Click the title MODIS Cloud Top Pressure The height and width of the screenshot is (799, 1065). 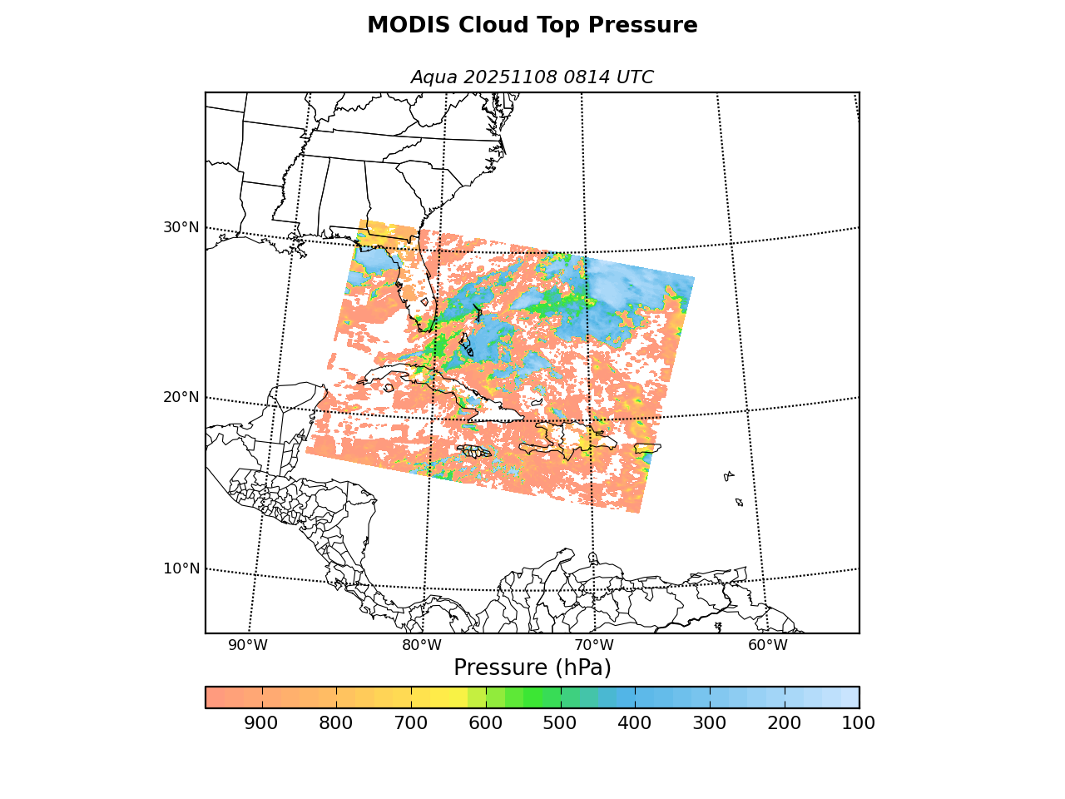click(x=532, y=26)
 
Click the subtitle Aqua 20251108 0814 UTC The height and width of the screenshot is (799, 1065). click(x=532, y=77)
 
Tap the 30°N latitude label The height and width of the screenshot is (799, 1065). click(x=181, y=227)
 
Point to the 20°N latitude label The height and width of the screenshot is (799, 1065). click(x=181, y=397)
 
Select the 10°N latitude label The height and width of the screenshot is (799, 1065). click(x=181, y=568)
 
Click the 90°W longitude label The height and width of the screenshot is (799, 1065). click(x=248, y=645)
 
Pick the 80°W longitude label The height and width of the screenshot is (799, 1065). click(x=422, y=645)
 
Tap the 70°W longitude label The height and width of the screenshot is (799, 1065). click(x=594, y=645)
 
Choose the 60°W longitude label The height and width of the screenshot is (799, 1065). click(x=767, y=645)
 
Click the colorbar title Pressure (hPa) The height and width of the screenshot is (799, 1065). click(x=532, y=667)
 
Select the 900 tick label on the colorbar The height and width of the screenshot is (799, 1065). click(x=261, y=723)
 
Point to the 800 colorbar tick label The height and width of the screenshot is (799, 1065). click(x=336, y=723)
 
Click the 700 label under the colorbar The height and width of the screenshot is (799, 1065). click(x=411, y=723)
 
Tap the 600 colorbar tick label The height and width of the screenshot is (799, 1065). click(x=485, y=723)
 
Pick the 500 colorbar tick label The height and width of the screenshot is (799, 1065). click(x=560, y=723)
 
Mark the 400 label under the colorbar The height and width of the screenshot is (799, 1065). click(x=635, y=723)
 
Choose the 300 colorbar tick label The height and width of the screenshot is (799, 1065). click(x=710, y=723)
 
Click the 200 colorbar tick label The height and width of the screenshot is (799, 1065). click(x=784, y=723)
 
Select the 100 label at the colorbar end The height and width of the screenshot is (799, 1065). click(x=859, y=723)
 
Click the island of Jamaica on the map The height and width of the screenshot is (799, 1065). click(x=474, y=451)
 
